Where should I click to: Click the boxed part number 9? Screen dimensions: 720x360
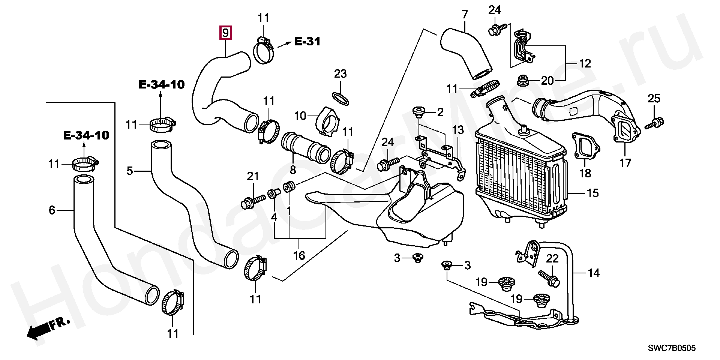225,33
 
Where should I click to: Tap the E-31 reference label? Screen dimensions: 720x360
307,41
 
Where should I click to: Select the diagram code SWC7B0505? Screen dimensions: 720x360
672,348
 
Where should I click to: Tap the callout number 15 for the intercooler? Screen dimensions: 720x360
592,193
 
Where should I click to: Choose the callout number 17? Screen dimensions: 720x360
625,163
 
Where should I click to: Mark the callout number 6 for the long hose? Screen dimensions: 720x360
52,210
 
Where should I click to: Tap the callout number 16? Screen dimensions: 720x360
299,256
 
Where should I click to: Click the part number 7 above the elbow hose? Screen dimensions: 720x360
465,15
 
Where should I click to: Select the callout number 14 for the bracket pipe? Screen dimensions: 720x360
594,273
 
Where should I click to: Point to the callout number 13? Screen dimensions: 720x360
458,130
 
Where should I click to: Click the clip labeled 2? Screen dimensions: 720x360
418,112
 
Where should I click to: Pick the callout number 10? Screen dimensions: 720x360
300,116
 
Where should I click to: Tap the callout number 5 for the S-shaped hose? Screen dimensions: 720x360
130,171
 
